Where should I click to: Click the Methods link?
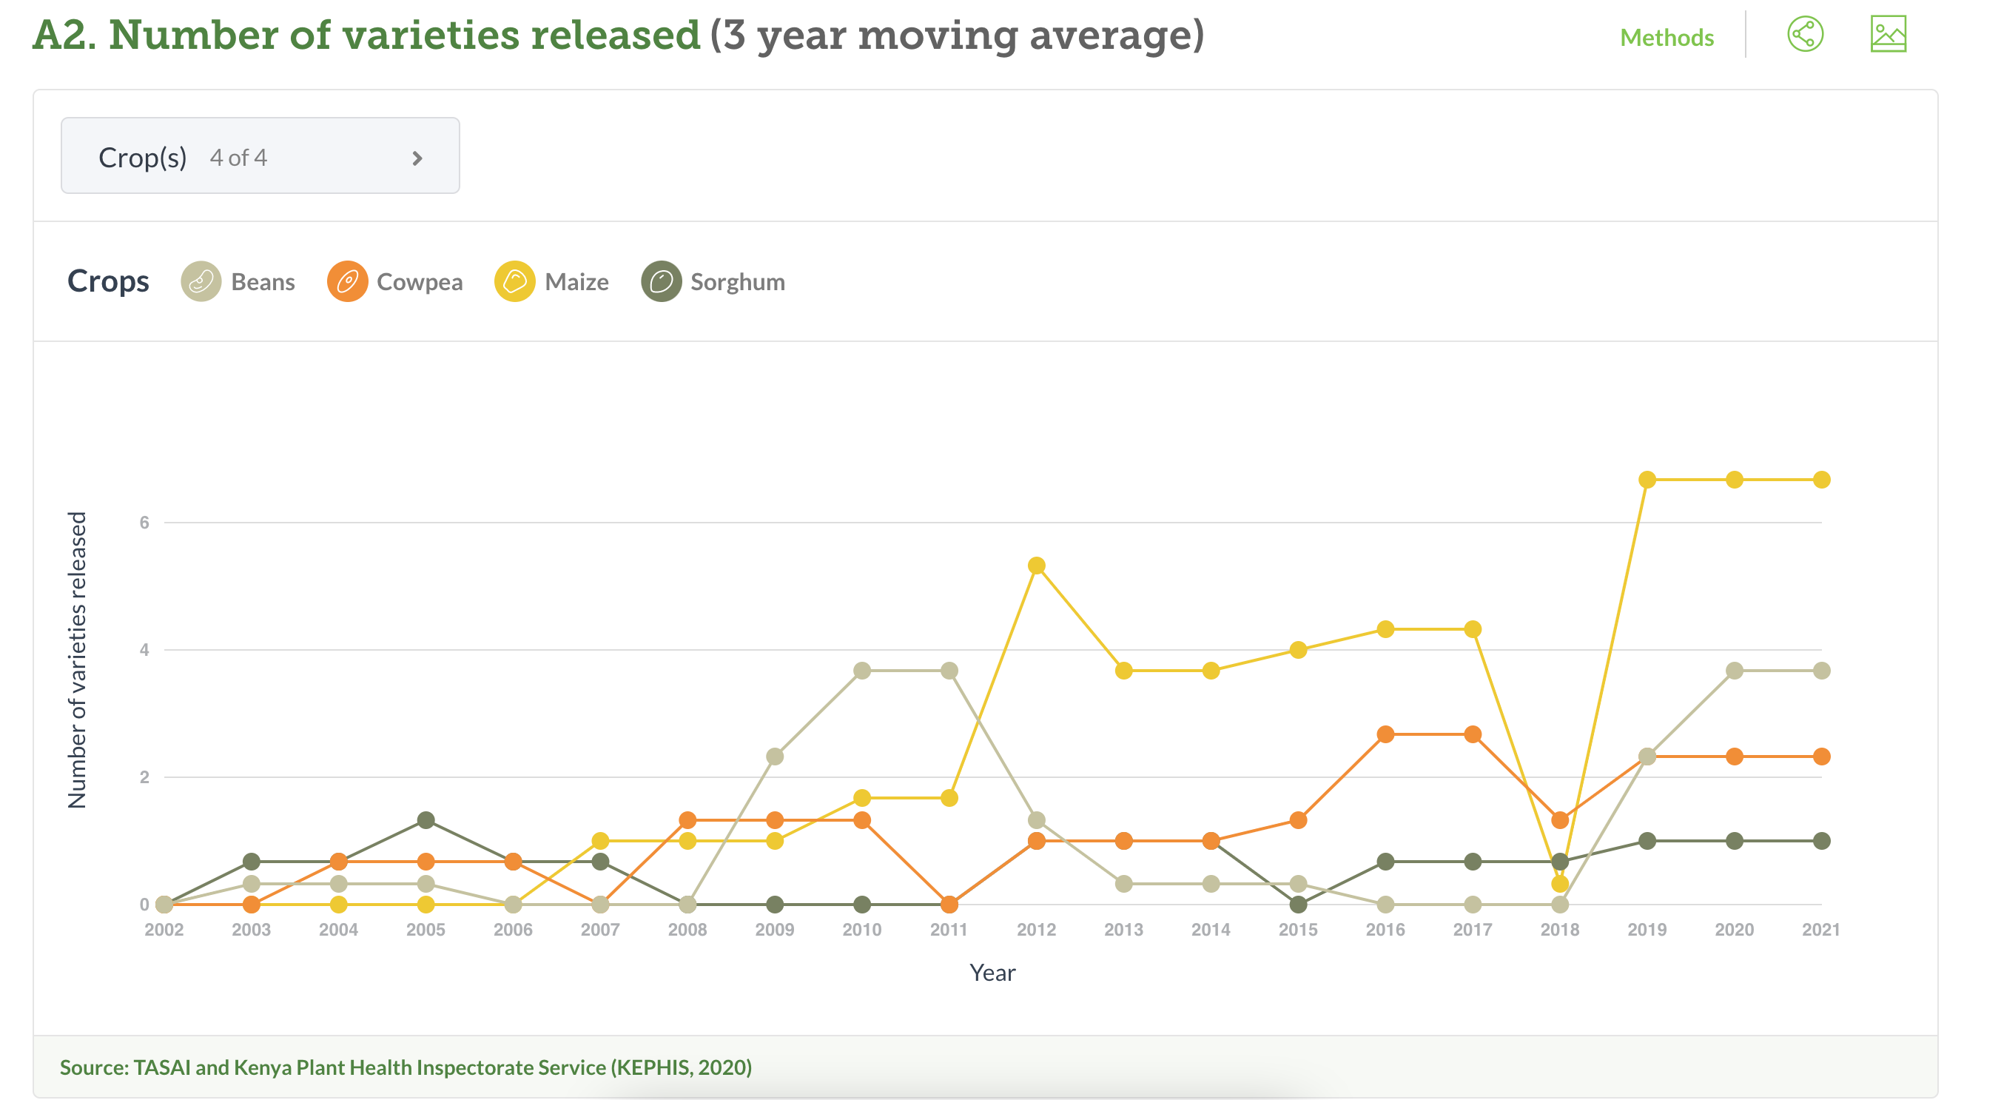pyautogui.click(x=1667, y=37)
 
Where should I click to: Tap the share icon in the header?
pyautogui.click(x=1804, y=34)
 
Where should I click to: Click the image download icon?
pyautogui.click(x=1888, y=34)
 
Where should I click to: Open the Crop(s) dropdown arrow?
pyautogui.click(x=417, y=158)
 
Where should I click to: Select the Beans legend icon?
pyautogui.click(x=201, y=281)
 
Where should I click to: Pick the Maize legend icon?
pyautogui.click(x=514, y=281)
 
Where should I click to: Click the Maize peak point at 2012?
pyautogui.click(x=1036, y=566)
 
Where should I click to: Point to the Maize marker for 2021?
pyautogui.click(x=1820, y=480)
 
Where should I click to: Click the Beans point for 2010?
pyautogui.click(x=861, y=671)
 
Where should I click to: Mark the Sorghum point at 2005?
pyautogui.click(x=426, y=820)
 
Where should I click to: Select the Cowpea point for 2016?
pyautogui.click(x=1385, y=734)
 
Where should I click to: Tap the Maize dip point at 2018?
pyautogui.click(x=1559, y=883)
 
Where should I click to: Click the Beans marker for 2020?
pyautogui.click(x=1734, y=671)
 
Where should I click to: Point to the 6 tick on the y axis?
pyautogui.click(x=144, y=523)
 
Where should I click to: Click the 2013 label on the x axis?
pyautogui.click(x=1123, y=930)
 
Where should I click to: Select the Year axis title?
pyautogui.click(x=992, y=973)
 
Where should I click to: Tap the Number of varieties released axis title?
pyautogui.click(x=77, y=660)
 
